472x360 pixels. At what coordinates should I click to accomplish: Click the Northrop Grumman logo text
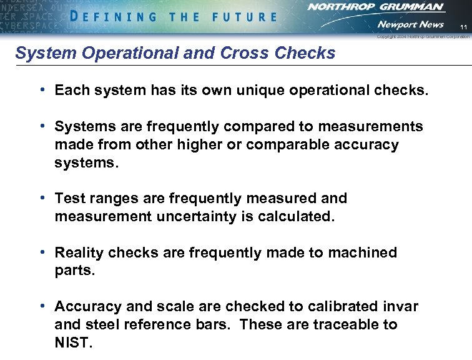click(376, 7)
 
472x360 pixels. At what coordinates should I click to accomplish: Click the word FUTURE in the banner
click(244, 17)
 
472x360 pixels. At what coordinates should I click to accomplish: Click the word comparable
click(286, 145)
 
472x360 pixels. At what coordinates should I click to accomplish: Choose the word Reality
click(79, 253)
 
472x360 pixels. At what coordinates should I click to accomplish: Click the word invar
click(401, 307)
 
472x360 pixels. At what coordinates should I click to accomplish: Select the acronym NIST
click(72, 343)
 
